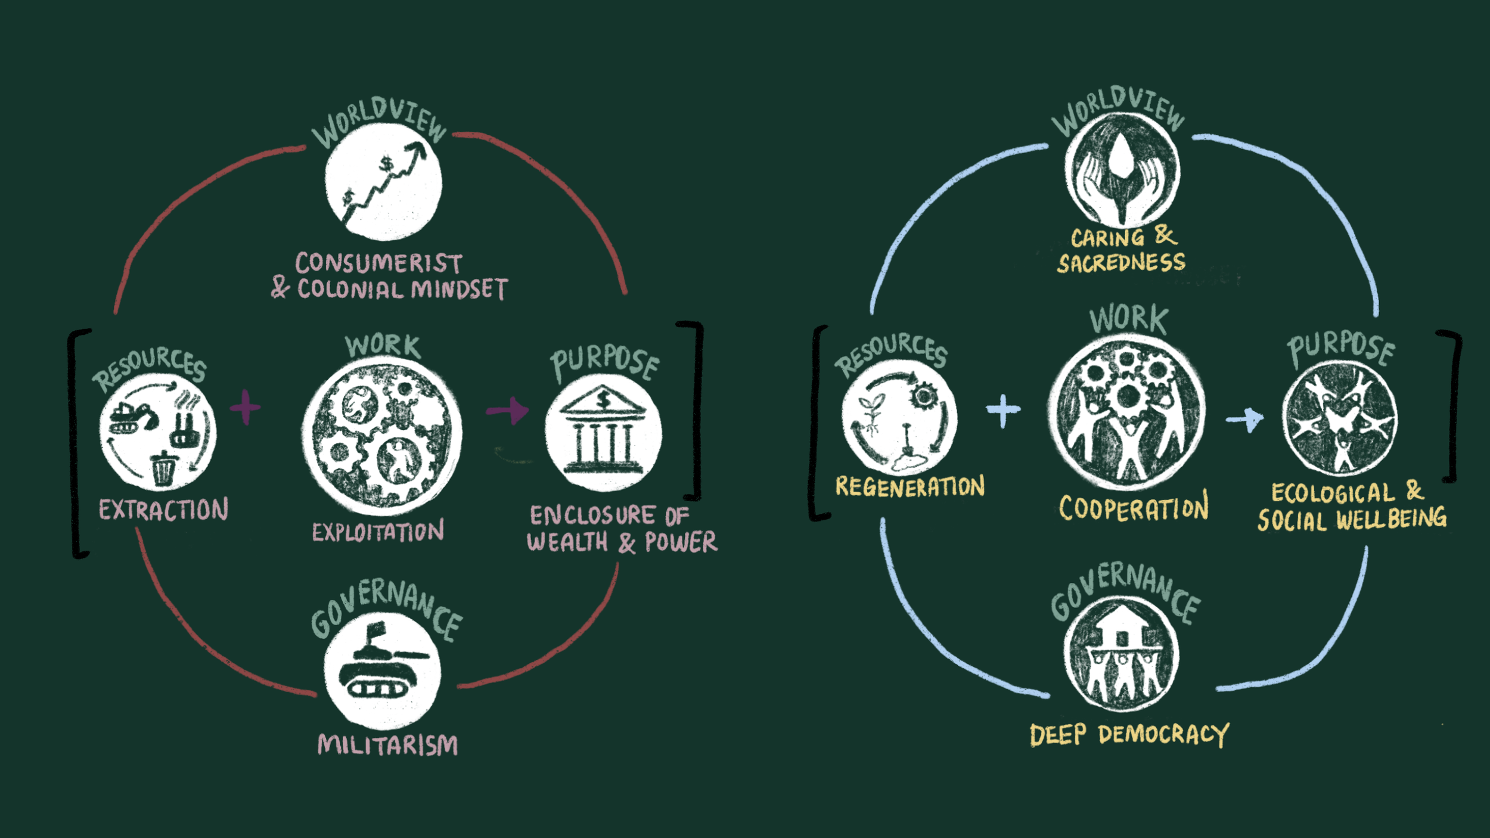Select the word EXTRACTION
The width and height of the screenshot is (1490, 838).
click(163, 510)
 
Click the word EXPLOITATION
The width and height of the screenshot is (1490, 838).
click(378, 532)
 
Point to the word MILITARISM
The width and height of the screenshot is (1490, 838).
click(387, 745)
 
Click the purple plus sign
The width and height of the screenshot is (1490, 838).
click(245, 408)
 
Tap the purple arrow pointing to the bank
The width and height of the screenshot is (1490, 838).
click(508, 410)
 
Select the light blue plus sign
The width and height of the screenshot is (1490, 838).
click(1003, 411)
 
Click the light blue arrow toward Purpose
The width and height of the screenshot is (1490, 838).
click(1245, 419)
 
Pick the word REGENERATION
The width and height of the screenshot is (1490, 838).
click(909, 487)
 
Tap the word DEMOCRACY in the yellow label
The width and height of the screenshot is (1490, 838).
click(1163, 734)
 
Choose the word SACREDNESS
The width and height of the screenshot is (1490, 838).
click(1121, 263)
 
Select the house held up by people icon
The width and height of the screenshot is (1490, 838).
click(1121, 656)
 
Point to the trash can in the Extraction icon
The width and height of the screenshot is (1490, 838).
click(163, 468)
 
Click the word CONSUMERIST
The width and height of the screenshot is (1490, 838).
click(378, 263)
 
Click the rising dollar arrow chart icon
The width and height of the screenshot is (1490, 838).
click(384, 182)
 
